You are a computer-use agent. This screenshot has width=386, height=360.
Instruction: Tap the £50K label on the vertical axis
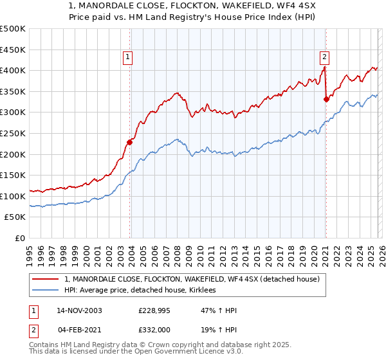[15, 217]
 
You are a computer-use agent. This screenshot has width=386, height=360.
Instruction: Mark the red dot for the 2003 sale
[129, 143]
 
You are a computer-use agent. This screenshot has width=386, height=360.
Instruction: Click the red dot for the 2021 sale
[326, 99]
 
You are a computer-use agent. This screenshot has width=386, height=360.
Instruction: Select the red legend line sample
[46, 279]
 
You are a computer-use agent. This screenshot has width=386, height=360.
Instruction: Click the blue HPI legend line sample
[46, 290]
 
